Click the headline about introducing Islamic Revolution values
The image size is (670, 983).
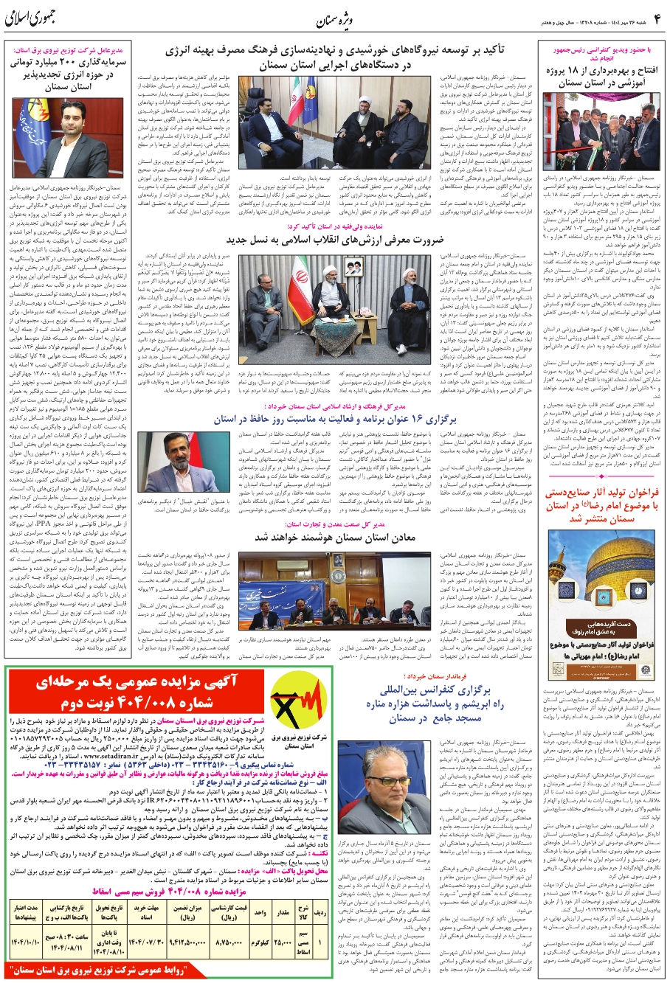336,240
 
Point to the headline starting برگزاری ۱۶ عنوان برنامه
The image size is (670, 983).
336,419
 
